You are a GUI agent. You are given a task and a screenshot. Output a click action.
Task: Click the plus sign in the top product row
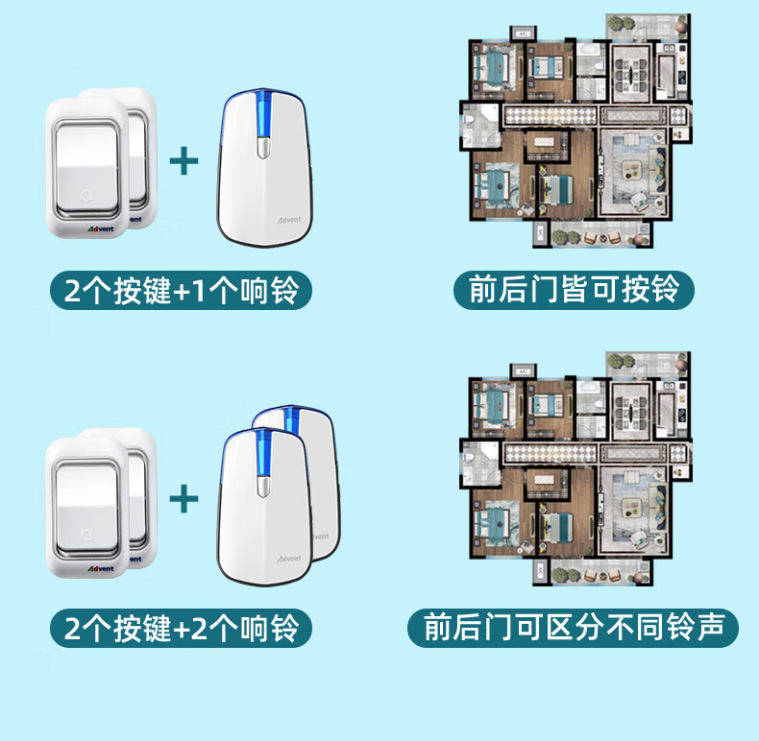click(184, 160)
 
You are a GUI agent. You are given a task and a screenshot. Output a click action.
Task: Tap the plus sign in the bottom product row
click(184, 499)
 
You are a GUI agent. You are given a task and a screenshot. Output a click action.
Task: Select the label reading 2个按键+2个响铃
click(182, 629)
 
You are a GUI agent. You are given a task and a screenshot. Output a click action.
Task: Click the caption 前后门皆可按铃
click(574, 289)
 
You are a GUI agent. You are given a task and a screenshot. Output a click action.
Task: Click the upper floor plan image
click(575, 131)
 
